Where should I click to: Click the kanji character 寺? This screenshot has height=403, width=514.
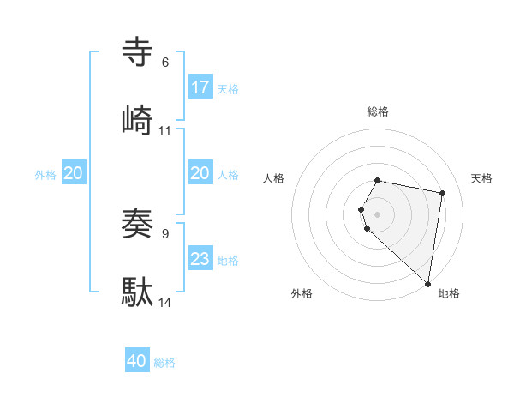[x=138, y=52]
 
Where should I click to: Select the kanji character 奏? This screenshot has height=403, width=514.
[x=138, y=223]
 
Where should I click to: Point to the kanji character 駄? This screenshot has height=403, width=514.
[x=138, y=292]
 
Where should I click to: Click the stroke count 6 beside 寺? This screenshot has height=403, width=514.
[x=164, y=62]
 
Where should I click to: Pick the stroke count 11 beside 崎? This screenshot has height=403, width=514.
[x=165, y=130]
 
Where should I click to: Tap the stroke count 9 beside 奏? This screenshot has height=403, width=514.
[x=164, y=233]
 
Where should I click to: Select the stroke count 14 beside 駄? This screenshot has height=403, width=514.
[x=165, y=302]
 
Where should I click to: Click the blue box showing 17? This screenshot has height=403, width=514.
[x=200, y=87]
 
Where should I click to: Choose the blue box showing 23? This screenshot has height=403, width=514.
[x=200, y=259]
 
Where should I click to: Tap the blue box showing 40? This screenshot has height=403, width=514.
[x=137, y=361]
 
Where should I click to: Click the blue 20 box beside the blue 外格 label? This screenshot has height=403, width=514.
[x=74, y=173]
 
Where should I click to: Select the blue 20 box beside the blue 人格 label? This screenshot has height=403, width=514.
[x=200, y=173]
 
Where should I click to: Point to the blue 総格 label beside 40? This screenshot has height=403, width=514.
[x=164, y=363]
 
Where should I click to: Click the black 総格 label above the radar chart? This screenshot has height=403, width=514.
[x=378, y=111]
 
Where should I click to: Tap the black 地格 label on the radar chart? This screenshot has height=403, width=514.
[x=449, y=293]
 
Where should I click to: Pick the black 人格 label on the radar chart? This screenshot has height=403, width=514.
[x=274, y=178]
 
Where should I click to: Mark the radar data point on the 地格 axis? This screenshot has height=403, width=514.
[x=428, y=283]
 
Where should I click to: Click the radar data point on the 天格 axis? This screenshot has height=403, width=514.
[x=442, y=194]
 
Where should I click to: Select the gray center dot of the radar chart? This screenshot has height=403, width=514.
[x=378, y=214]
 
